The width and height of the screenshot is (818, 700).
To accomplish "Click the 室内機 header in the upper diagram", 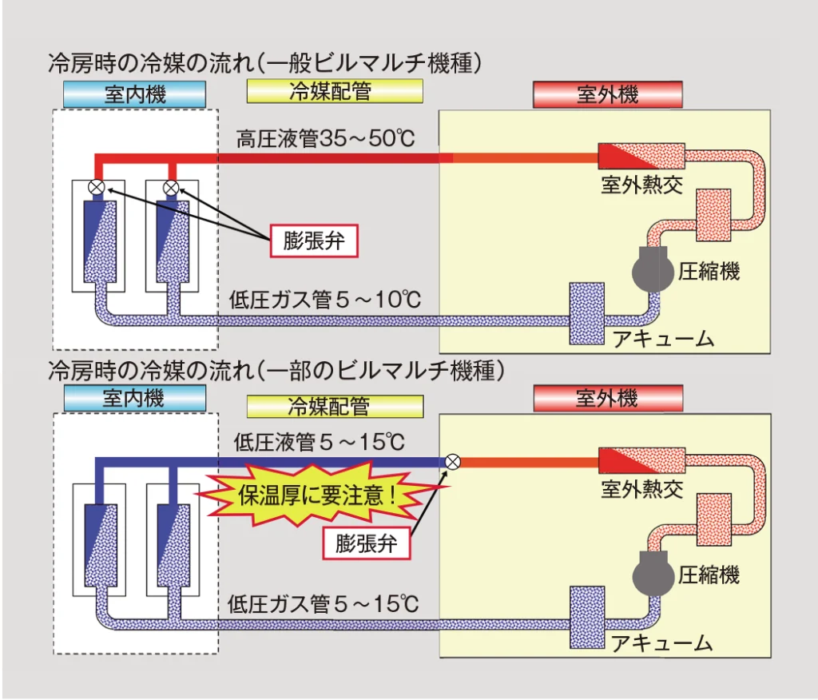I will [x=135, y=95].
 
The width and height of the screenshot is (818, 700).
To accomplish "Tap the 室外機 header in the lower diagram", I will [x=607, y=398].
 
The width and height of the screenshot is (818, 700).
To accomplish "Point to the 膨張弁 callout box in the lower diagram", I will [x=366, y=543].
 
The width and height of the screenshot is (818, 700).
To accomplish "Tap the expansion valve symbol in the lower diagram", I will [x=452, y=461].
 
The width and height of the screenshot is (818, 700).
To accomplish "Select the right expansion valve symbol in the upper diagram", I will [x=170, y=188].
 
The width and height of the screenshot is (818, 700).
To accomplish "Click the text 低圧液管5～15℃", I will [x=320, y=441].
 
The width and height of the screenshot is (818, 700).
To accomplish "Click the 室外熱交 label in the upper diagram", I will [x=642, y=185].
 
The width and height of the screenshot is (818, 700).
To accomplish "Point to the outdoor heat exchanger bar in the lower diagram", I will [x=642, y=461].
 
